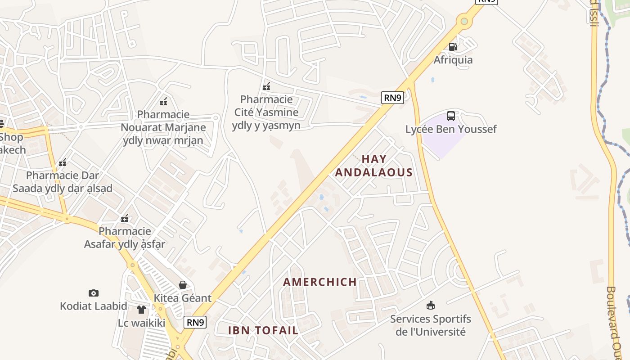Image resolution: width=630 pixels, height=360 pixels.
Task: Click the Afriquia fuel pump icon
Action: pos(453,46)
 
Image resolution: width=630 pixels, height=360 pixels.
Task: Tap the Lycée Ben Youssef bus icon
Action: pos(450,116)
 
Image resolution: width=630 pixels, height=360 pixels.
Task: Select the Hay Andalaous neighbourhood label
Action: pos(374,166)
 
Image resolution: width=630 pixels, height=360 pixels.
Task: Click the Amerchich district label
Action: pos(320,282)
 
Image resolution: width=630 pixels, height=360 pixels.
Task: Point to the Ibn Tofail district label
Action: pos(263,330)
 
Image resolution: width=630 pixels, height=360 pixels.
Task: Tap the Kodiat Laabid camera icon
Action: pos(94,293)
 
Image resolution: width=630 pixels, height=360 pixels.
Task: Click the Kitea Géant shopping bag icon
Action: pos(183,284)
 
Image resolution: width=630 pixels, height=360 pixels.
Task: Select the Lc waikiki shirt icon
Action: pos(141,310)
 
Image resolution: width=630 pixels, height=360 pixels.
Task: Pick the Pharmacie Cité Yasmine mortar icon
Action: pos(266,86)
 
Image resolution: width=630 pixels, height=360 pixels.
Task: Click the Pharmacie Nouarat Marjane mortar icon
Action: pos(163,101)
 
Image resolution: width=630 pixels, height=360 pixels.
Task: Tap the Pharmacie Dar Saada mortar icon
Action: pos(63,162)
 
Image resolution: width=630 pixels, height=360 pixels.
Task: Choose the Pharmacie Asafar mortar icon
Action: pos(125,218)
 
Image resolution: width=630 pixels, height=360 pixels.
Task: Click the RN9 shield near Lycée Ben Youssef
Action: pos(392,98)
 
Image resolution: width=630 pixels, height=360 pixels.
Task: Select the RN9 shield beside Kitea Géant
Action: pos(195,322)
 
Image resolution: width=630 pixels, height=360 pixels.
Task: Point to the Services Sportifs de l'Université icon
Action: pos(431,306)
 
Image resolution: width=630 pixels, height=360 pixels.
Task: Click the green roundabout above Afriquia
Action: pos(464,21)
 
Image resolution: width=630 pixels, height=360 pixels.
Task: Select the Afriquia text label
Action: pos(453,60)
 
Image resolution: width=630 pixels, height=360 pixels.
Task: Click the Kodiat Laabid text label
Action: pos(94,306)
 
